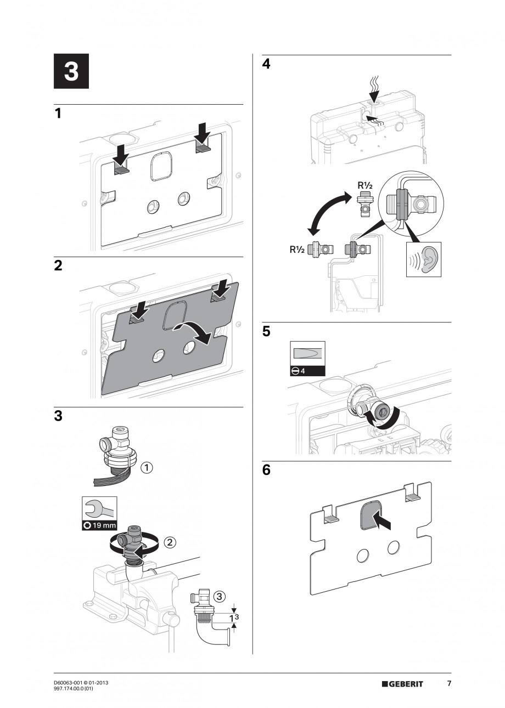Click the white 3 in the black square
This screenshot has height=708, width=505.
(x=71, y=72)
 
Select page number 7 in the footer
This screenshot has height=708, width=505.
(x=449, y=683)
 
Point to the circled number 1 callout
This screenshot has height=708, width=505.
(x=147, y=468)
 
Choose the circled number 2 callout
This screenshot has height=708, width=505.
(x=170, y=542)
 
